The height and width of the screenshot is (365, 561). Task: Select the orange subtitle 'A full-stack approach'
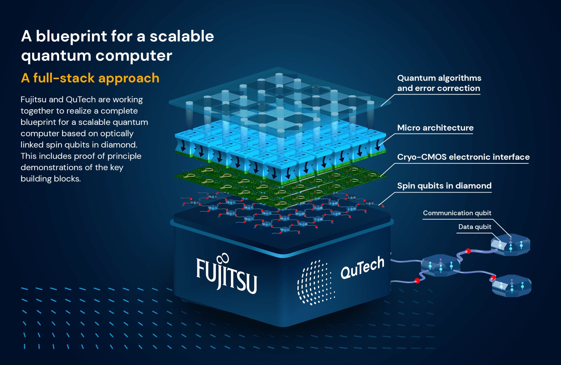(x=90, y=78)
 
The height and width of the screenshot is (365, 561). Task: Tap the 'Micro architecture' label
(x=435, y=128)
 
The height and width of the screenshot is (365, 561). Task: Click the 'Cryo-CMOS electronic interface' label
(x=463, y=157)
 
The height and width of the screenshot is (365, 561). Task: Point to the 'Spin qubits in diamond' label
(x=444, y=186)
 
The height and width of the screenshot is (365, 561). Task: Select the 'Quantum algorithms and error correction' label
(x=439, y=83)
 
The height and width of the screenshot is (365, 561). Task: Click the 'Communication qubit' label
(x=457, y=213)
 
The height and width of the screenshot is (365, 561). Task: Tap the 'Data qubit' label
(x=474, y=227)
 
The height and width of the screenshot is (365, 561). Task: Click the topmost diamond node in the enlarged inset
(x=511, y=245)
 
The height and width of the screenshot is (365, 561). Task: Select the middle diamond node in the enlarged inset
(x=440, y=265)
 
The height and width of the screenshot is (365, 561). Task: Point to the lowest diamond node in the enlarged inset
(x=511, y=286)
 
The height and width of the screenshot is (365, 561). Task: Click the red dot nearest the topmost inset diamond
(x=468, y=251)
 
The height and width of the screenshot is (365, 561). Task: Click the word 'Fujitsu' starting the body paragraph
(x=33, y=99)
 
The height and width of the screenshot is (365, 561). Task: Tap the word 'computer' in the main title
(x=134, y=56)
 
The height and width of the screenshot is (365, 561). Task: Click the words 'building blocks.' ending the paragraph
(x=51, y=179)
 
